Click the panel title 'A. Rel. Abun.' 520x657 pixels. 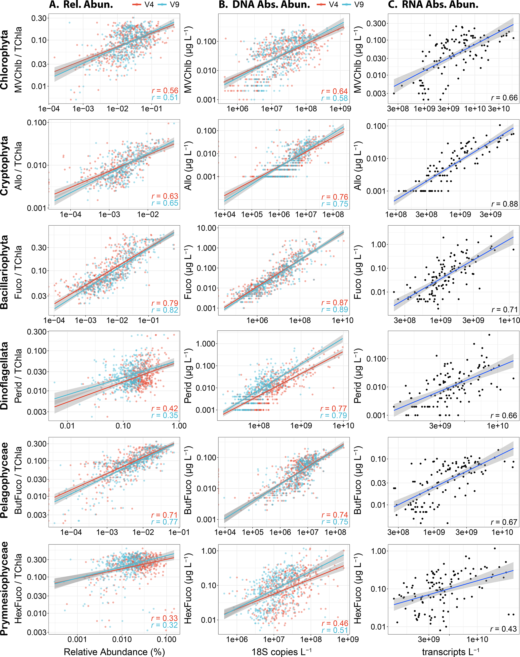click(81, 5)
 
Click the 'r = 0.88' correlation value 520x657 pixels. click(504, 204)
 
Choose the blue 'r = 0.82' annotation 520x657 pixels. click(165, 310)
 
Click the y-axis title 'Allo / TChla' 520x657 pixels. click(18, 166)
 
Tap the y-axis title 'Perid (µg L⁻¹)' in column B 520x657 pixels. click(188, 376)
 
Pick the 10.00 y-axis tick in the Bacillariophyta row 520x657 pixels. click(207, 228)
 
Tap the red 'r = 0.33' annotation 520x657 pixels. click(165, 618)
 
